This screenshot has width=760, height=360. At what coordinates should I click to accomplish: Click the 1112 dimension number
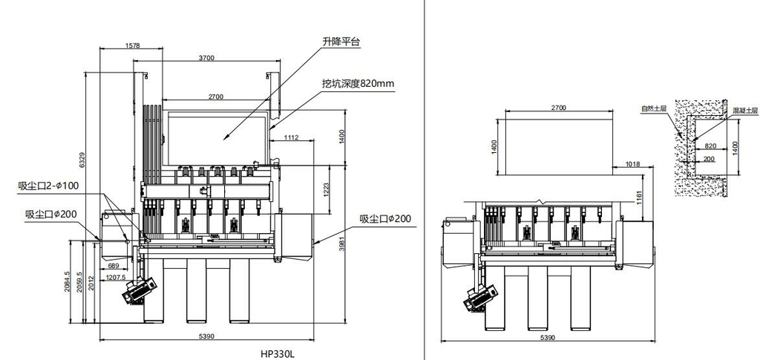[x=291, y=137]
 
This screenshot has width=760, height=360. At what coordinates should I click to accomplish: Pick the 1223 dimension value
[x=325, y=190]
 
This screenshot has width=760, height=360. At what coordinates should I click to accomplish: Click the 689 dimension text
[x=114, y=265]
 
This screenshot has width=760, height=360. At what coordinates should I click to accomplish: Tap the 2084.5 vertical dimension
[x=68, y=281]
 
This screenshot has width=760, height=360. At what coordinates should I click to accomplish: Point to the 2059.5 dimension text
[x=79, y=281]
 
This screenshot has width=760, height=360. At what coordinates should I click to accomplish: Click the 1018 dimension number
[x=632, y=163]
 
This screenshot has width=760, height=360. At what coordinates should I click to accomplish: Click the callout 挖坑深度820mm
[x=358, y=84]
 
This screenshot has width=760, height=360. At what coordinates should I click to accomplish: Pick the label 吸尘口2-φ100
[x=50, y=185]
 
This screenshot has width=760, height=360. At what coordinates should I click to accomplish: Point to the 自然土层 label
[x=654, y=109]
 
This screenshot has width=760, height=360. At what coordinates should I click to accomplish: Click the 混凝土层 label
[x=744, y=110]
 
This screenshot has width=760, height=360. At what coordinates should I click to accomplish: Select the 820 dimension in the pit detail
[x=710, y=146]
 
